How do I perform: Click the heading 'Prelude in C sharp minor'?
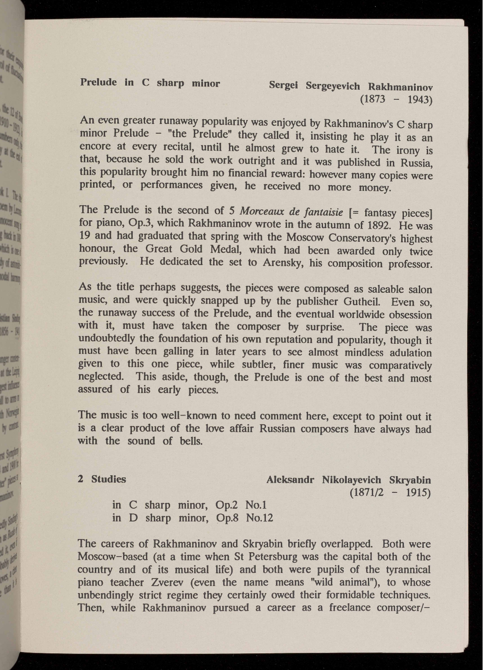pyautogui.click(x=150, y=83)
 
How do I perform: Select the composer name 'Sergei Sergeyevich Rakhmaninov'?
pyautogui.click(x=351, y=86)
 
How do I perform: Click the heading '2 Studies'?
pyautogui.click(x=102, y=479)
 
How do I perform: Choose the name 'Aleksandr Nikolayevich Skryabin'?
pyautogui.click(x=349, y=480)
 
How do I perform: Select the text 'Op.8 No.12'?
pyautogui.click(x=245, y=517)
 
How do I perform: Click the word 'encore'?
pyautogui.click(x=94, y=146)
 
